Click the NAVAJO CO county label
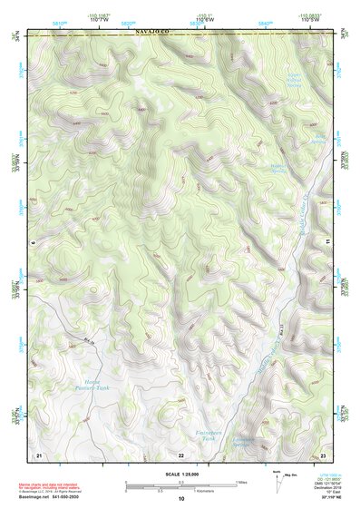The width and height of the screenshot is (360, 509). point(153,32)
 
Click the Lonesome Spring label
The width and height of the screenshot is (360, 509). point(245,443)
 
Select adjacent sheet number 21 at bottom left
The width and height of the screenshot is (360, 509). point(38,453)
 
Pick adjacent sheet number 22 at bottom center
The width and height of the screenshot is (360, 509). point(180,453)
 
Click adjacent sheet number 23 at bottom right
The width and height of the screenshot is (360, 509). point(323,453)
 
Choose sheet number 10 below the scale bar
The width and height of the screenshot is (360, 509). point(180,499)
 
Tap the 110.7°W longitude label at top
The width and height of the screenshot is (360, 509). point(99,20)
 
